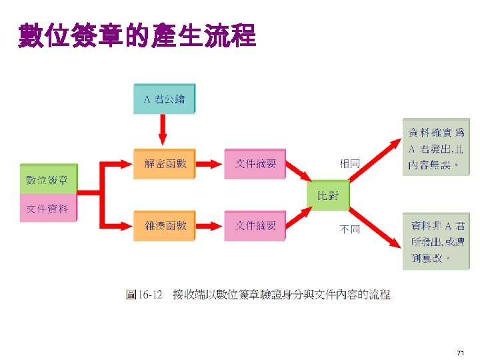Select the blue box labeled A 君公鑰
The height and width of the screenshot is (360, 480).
click(x=165, y=99)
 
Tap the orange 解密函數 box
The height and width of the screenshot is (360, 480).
click(x=165, y=163)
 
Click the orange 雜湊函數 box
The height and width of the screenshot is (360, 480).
click(x=165, y=226)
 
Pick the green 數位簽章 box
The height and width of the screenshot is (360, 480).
click(x=49, y=179)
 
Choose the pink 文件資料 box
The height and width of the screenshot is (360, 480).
click(x=49, y=209)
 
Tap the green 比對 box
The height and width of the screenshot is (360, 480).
click(x=327, y=195)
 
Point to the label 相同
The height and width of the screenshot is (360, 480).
click(x=349, y=163)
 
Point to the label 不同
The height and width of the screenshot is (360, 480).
click(x=349, y=229)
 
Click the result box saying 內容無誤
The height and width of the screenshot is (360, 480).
click(x=435, y=147)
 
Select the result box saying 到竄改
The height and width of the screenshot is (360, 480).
click(x=435, y=241)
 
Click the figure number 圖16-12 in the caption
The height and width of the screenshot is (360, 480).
click(x=145, y=294)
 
